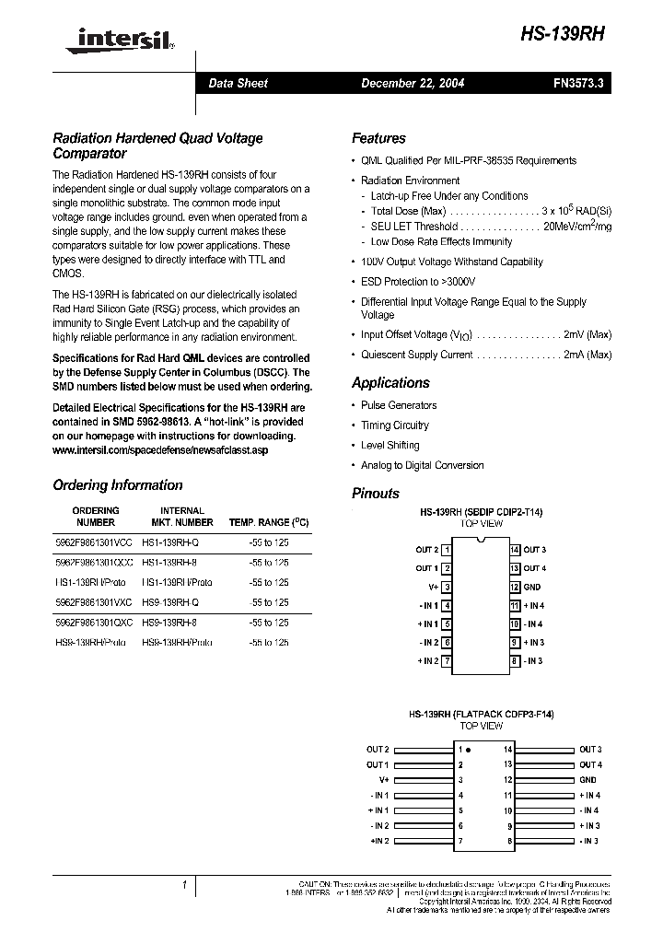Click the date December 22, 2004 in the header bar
pos(412,83)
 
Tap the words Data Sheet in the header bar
pos(238,83)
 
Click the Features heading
pos(378,138)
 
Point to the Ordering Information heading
pos(118,485)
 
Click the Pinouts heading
pos(376,494)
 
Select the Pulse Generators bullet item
pos(399,405)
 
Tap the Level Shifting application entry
pos(390,446)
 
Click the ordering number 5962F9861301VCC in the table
pos(94,542)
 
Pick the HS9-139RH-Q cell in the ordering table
pos(177,602)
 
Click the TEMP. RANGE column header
pos(268,522)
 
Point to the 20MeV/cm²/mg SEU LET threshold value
pos(576,227)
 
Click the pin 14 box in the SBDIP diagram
pos(515,550)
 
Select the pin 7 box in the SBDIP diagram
pos(447,661)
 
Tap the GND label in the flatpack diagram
pos(588,779)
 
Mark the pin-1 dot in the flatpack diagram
pos(468,750)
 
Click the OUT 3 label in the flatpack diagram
pos(590,750)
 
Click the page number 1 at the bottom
pos(184,885)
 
